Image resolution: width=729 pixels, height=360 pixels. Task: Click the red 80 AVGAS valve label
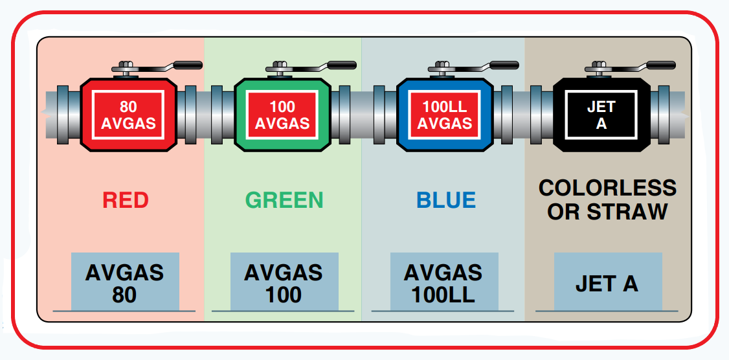pos(128,115)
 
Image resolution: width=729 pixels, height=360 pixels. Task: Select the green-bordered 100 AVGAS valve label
pos(282,115)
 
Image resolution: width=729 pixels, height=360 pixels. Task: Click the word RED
pos(126,200)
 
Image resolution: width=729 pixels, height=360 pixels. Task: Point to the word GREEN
pos(284,200)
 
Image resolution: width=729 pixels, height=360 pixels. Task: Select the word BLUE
pos(446,200)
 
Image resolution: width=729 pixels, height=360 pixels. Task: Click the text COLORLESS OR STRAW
pos(607,199)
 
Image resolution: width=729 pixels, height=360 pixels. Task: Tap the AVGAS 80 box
pos(125,282)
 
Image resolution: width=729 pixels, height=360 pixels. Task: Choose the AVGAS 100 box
pos(284,282)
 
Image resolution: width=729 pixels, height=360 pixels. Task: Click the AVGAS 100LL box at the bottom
pos(443,282)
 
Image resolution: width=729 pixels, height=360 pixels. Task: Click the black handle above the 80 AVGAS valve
pos(188,65)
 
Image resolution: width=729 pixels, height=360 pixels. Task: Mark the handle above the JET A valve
pos(661,65)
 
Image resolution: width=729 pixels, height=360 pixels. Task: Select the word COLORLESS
pos(607,188)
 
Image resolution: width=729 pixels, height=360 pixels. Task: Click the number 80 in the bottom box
pos(124,295)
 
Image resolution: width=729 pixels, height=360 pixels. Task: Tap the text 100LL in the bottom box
pos(443,295)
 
